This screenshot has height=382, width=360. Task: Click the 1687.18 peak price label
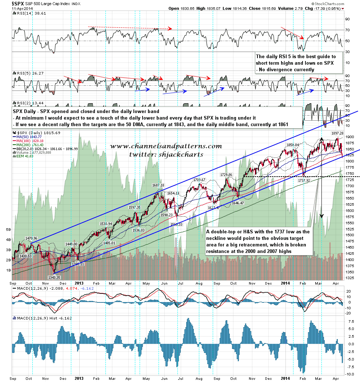158,185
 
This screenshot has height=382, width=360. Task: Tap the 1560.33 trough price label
177,224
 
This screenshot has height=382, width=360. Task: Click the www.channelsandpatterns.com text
166,146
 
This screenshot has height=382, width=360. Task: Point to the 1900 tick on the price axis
349,137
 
